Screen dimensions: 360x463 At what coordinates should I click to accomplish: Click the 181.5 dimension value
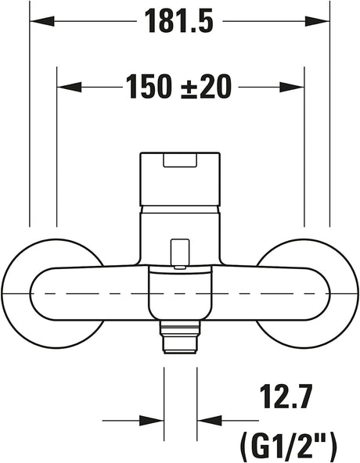(178, 20)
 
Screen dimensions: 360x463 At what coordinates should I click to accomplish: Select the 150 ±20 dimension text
(178, 87)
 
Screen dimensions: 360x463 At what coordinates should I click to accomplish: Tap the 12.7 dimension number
(286, 396)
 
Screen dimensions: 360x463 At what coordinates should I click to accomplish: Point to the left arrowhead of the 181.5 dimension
(42, 21)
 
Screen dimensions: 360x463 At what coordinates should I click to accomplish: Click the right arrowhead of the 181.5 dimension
(317, 21)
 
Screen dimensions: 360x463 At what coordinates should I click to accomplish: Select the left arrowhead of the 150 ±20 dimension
(69, 87)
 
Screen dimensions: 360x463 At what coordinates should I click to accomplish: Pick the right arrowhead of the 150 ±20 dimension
(292, 87)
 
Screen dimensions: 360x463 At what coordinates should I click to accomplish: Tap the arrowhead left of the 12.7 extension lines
(152, 421)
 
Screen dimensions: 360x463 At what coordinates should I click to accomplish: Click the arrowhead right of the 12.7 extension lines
(209, 421)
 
